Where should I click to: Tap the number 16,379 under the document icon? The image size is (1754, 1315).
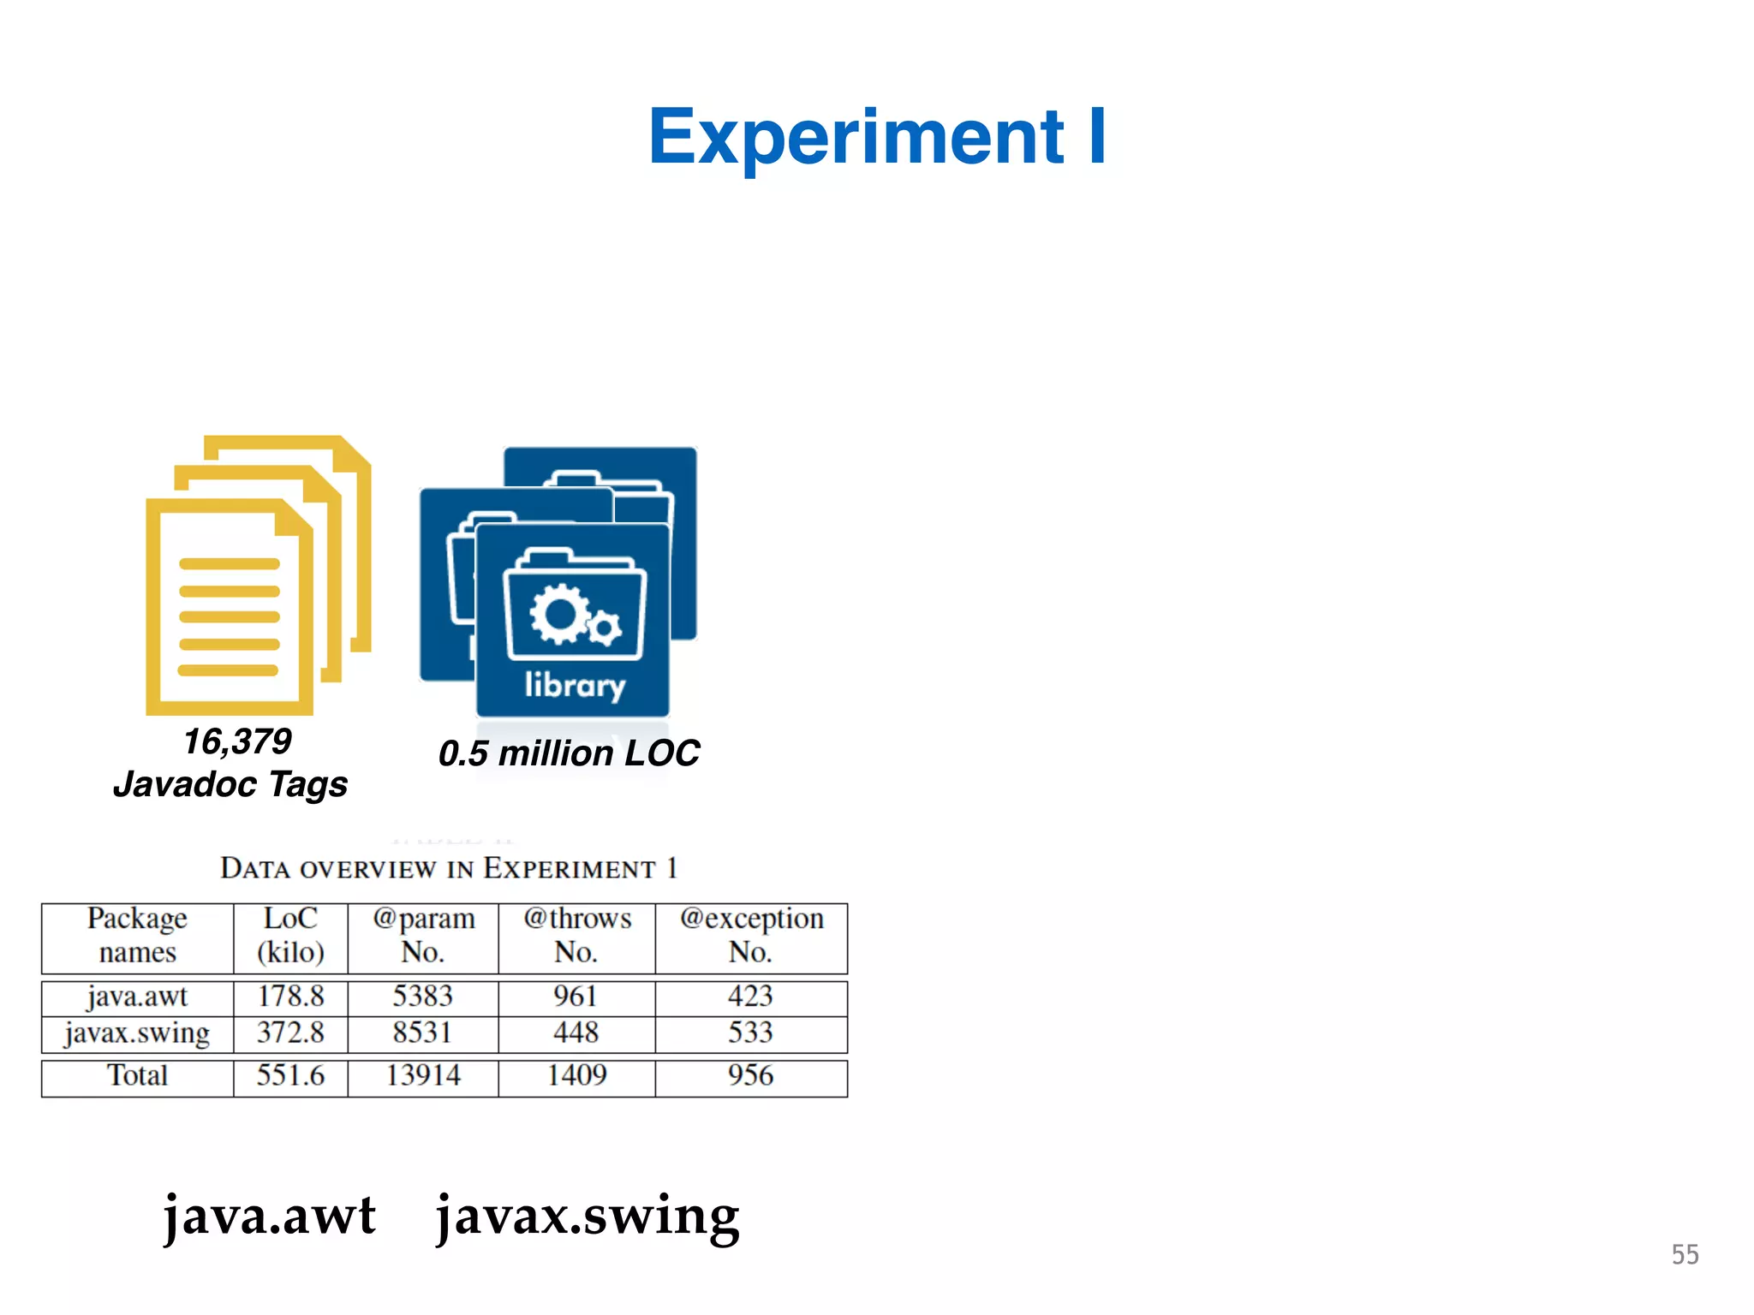pyautogui.click(x=237, y=741)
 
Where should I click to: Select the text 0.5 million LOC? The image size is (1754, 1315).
pyautogui.click(x=569, y=753)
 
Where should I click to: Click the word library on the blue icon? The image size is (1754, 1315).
pyautogui.click(x=575, y=685)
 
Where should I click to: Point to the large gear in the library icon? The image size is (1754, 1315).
pyautogui.click(x=559, y=613)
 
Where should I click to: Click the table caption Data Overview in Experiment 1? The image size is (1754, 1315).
pyautogui.click(x=449, y=868)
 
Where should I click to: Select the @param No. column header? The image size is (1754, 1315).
pyautogui.click(x=423, y=935)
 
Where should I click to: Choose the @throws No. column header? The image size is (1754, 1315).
pyautogui.click(x=576, y=935)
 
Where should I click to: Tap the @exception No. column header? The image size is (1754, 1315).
pyautogui.click(x=751, y=935)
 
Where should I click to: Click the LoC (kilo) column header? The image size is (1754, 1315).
pyautogui.click(x=290, y=935)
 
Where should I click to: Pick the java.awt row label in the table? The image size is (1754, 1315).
pyautogui.click(x=137, y=997)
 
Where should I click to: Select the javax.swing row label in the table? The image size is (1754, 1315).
pyautogui.click(x=137, y=1033)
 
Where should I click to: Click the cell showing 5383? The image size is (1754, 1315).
pyautogui.click(x=423, y=997)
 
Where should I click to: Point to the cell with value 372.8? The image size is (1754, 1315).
pyautogui.click(x=290, y=1033)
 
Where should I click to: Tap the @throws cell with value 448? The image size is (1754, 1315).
pyautogui.click(x=576, y=1033)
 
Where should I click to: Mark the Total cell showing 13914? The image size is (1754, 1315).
pyautogui.click(x=423, y=1076)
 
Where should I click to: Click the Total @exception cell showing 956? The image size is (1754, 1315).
pyautogui.click(x=751, y=1076)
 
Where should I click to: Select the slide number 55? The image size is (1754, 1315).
pyautogui.click(x=1685, y=1255)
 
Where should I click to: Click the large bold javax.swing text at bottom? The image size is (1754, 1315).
pyautogui.click(x=588, y=1216)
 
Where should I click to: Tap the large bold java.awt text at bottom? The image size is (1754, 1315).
pyautogui.click(x=270, y=1216)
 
